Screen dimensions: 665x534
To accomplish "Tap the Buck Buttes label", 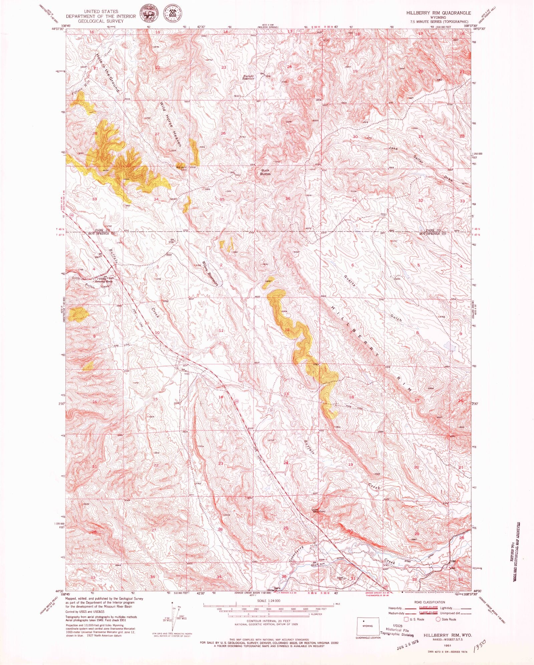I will [265, 172].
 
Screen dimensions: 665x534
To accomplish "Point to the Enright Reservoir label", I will [248, 77].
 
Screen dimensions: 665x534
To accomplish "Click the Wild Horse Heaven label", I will [171, 124].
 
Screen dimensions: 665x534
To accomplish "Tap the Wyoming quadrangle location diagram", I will [368, 626].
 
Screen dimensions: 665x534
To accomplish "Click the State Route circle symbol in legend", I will [438, 619].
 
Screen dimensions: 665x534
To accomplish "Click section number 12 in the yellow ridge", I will [287, 330].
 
